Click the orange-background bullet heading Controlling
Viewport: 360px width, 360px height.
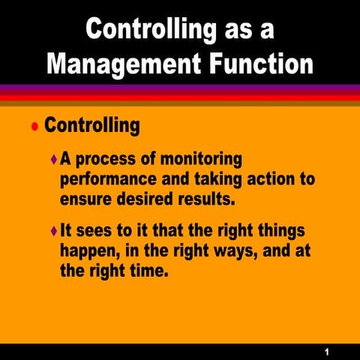click(91, 124)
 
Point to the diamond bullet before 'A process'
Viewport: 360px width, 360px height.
click(52, 160)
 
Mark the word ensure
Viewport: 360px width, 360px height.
click(85, 199)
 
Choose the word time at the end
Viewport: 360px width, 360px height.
click(142, 271)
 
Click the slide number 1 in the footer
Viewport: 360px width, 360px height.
click(328, 350)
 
